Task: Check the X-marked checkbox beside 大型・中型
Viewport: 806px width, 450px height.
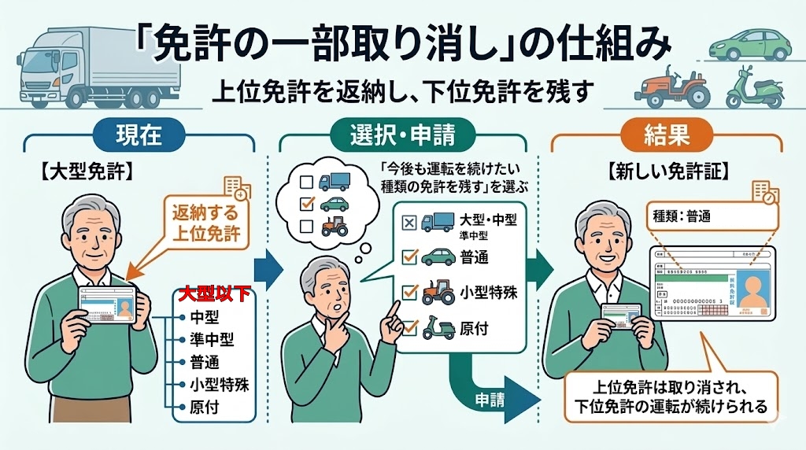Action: pos(409,223)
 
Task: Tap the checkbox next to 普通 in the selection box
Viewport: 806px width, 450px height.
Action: pos(409,256)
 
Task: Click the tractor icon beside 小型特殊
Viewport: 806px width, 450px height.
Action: pos(438,292)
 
